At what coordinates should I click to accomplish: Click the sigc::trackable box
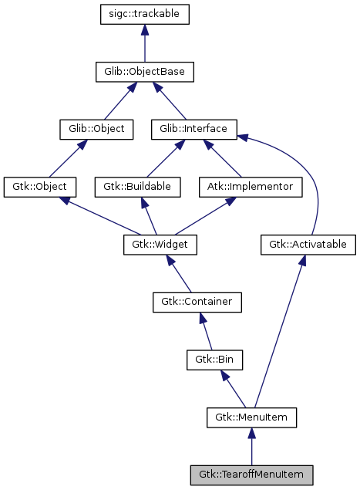145,14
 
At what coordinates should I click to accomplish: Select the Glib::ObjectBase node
145,72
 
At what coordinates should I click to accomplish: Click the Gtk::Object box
39,187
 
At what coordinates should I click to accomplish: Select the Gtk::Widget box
160,245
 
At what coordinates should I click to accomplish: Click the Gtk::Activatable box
308,245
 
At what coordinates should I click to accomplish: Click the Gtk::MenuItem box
251,417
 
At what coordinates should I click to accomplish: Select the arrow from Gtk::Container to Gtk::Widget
178,273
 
